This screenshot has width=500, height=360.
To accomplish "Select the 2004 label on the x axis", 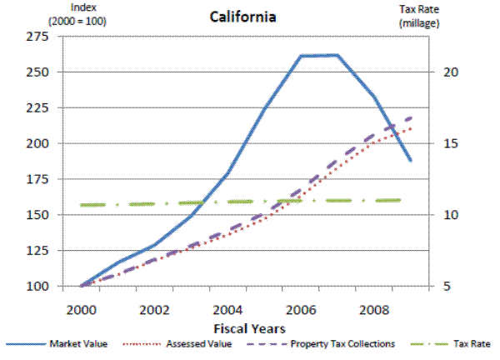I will coord(226,307).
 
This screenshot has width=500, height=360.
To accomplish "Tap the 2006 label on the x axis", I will coord(298,307).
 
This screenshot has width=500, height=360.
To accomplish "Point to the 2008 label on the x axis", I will coord(371,307).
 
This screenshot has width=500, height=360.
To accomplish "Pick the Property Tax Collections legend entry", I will coord(343,343).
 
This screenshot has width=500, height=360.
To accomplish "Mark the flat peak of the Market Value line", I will coord(318,55).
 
